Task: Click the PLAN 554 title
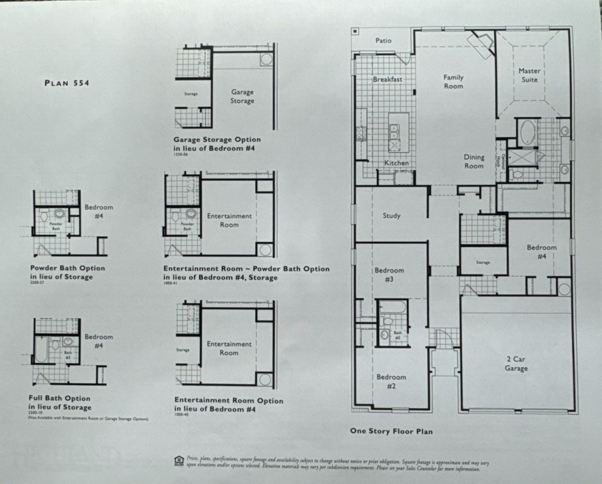[x=67, y=83]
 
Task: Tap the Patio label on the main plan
[x=383, y=41]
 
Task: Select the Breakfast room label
[x=388, y=80]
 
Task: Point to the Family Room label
[x=453, y=82]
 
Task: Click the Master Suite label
[x=529, y=75]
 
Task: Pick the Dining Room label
[x=473, y=162]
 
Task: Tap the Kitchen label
[x=396, y=163]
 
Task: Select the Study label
[x=392, y=215]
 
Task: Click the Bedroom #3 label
[x=389, y=275]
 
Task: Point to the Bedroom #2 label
[x=391, y=382]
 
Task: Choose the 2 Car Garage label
[x=515, y=364]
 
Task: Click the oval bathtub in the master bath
[x=527, y=132]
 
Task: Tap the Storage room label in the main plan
[x=483, y=263]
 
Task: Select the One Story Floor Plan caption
[x=391, y=431]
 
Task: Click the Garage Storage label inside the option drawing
[x=242, y=96]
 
